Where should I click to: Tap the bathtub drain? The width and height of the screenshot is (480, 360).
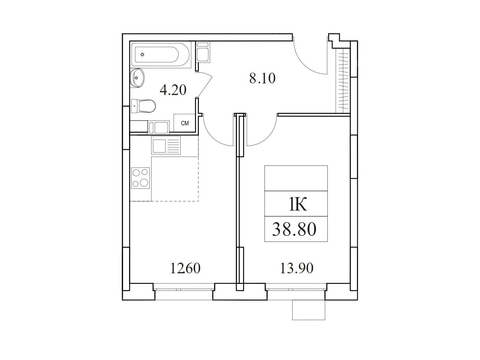point(142,54)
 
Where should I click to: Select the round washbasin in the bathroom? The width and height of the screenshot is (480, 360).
point(137,77)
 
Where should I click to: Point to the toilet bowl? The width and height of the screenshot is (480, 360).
point(143,106)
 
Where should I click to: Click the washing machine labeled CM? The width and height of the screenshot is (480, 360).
point(184,123)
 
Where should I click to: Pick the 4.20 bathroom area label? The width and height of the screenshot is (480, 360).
point(173,90)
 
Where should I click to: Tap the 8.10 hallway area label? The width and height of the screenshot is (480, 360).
point(262,78)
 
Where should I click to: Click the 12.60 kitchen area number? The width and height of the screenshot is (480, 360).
point(185,268)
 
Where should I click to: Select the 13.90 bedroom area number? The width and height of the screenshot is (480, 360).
point(297,268)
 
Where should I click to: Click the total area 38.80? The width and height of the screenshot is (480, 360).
point(294,229)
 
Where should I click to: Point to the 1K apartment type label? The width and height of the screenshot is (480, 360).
point(298,204)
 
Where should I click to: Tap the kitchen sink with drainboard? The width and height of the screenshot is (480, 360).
point(166,145)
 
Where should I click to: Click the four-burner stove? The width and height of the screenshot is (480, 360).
point(140,178)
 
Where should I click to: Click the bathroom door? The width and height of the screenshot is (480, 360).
point(205,84)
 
